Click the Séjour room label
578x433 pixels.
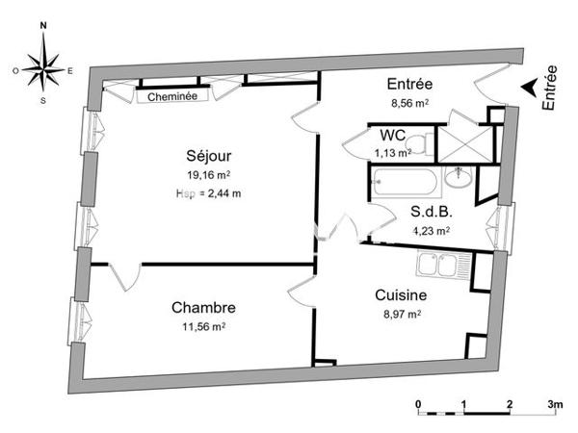(209, 155)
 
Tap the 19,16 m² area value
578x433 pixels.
(209, 175)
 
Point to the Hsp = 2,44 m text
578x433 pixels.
(208, 192)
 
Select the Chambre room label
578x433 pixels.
(204, 308)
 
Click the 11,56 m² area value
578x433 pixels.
(204, 326)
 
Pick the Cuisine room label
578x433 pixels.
(399, 296)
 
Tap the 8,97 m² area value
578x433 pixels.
(399, 314)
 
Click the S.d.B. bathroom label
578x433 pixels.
(431, 213)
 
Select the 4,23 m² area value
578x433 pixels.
(431, 230)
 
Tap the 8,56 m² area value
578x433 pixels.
(407, 102)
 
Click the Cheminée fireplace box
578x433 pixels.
(173, 96)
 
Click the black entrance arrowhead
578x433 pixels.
(529, 87)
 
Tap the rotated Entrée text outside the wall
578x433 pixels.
(550, 89)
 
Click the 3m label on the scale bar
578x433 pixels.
(555, 403)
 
